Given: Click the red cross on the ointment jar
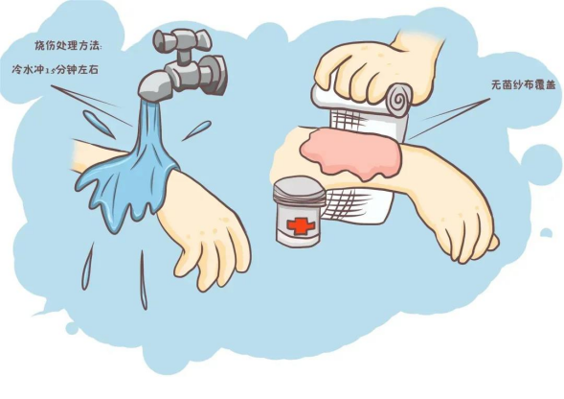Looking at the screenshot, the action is (x=301, y=226).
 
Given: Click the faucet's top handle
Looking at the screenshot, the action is (x=182, y=39).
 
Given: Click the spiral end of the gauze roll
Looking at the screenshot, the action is (x=400, y=97).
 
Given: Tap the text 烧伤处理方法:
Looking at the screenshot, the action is (x=68, y=46).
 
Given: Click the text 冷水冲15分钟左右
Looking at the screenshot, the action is (x=55, y=69).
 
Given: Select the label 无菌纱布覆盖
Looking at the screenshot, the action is (x=523, y=85).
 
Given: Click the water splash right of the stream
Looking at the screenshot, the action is (x=196, y=130).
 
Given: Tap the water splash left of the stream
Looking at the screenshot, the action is (x=99, y=124).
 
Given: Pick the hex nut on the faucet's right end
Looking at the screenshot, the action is (x=213, y=73).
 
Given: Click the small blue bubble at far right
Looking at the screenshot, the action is (x=546, y=232).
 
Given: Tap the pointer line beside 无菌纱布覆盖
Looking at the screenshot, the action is (x=450, y=118).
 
